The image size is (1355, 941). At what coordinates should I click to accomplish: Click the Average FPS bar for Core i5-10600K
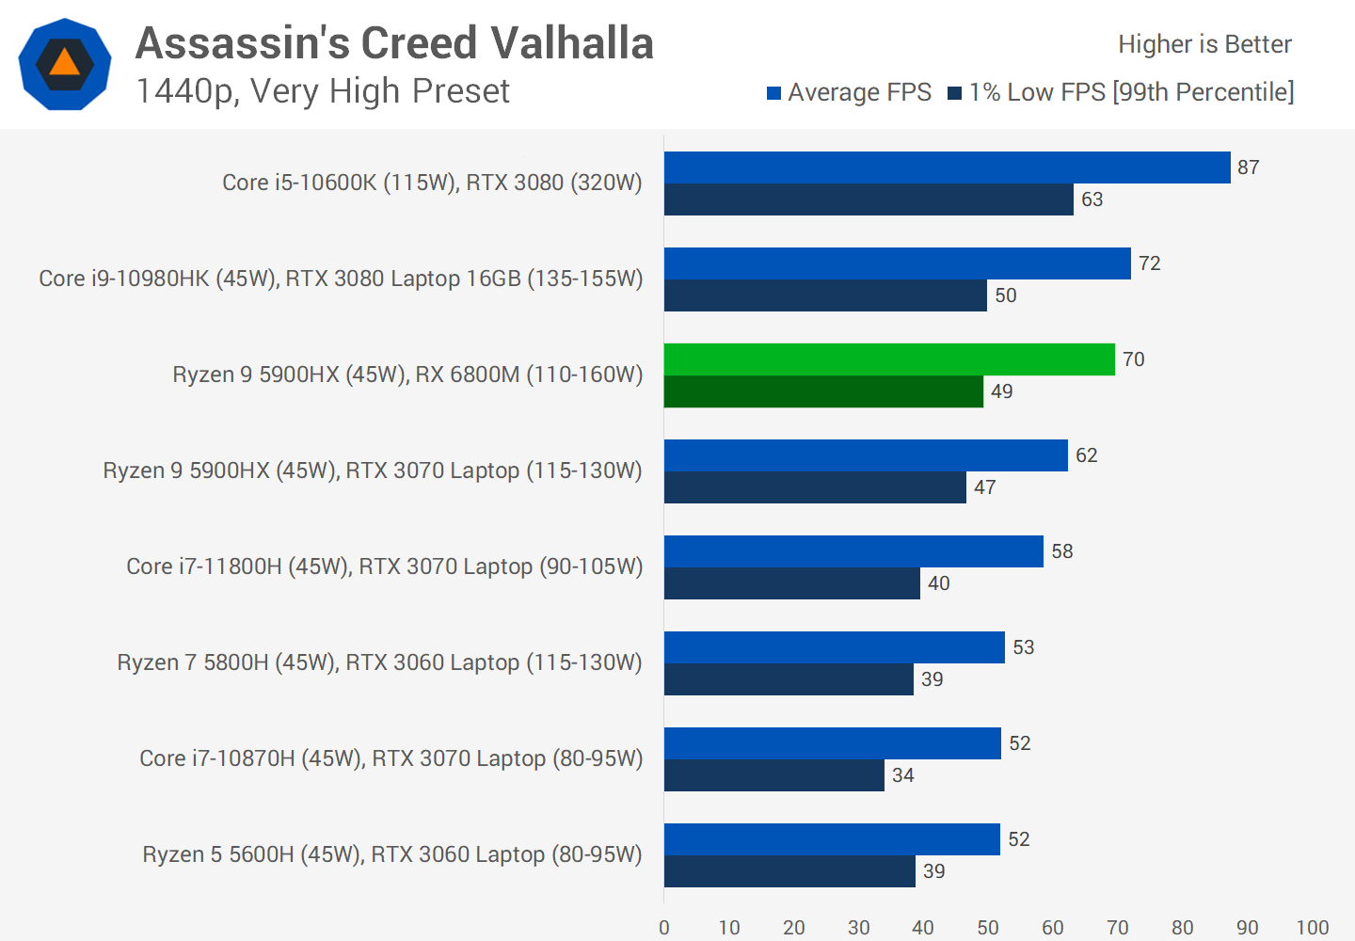pyautogui.click(x=947, y=167)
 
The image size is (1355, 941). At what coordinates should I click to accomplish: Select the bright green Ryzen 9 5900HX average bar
pyautogui.click(x=889, y=359)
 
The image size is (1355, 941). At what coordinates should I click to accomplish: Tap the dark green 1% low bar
pyautogui.click(x=823, y=391)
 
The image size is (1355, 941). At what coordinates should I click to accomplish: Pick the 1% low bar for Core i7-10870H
pyautogui.click(x=773, y=775)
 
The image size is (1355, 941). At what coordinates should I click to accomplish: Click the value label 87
pyautogui.click(x=1248, y=167)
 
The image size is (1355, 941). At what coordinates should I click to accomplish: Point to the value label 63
pyautogui.click(x=1092, y=199)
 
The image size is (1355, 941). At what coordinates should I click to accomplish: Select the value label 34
pyautogui.click(x=902, y=775)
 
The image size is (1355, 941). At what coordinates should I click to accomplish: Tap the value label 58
pyautogui.click(x=1061, y=551)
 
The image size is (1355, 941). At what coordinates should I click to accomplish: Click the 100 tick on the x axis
pyautogui.click(x=1312, y=928)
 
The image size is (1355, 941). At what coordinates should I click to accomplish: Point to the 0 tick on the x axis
pyautogui.click(x=664, y=928)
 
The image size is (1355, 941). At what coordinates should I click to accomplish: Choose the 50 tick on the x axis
pyautogui.click(x=988, y=928)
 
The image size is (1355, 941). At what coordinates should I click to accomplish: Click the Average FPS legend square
pyautogui.click(x=774, y=93)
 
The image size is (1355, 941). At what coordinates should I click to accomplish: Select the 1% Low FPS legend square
pyautogui.click(x=954, y=93)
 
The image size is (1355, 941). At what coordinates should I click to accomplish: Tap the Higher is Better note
pyautogui.click(x=1204, y=44)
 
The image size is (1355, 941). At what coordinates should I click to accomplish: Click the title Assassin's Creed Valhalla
pyautogui.click(x=394, y=43)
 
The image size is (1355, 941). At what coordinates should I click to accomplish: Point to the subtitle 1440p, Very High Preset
pyautogui.click(x=323, y=91)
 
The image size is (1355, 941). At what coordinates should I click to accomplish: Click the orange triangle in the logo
pyautogui.click(x=64, y=62)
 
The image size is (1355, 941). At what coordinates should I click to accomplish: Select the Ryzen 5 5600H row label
pyautogui.click(x=392, y=854)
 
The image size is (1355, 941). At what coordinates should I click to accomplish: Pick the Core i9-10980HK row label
pyautogui.click(x=341, y=279)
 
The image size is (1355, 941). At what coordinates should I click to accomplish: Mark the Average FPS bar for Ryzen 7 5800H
pyautogui.click(x=834, y=647)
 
